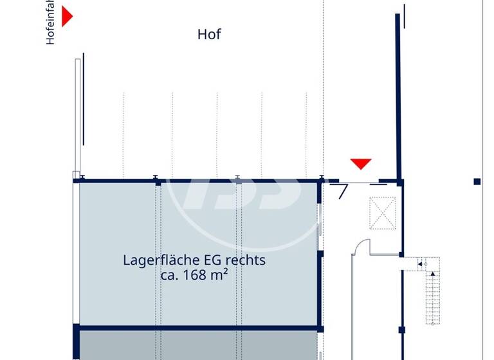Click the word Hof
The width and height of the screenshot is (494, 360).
[x=209, y=35]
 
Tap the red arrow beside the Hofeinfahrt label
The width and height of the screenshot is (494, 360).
[x=66, y=16]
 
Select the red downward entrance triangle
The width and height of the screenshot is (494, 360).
[x=361, y=163]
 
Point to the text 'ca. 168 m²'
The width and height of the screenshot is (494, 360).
[x=195, y=275]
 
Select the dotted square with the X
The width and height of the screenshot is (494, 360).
[x=383, y=213]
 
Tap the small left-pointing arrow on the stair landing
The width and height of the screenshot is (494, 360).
[x=419, y=264]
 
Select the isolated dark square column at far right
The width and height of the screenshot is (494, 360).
[x=477, y=182]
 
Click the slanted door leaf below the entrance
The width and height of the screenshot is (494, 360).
[x=342, y=191]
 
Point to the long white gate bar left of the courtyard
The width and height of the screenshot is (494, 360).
[x=78, y=116]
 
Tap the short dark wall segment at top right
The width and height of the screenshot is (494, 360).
[x=405, y=16]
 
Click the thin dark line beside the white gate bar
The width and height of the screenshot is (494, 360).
[x=83, y=100]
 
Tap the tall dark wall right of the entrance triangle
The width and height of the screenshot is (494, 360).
[x=398, y=96]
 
